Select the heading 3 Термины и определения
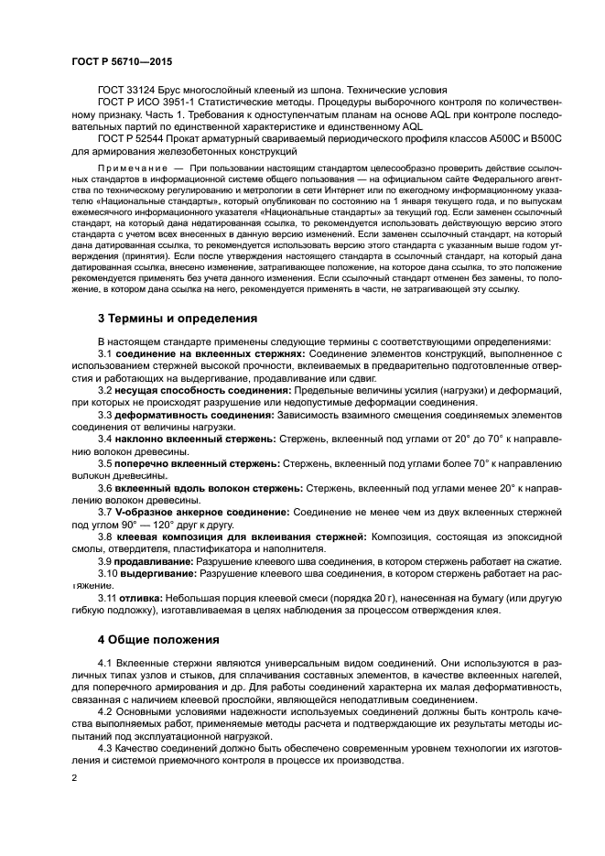(178, 318)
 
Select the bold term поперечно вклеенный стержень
(198, 463)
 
